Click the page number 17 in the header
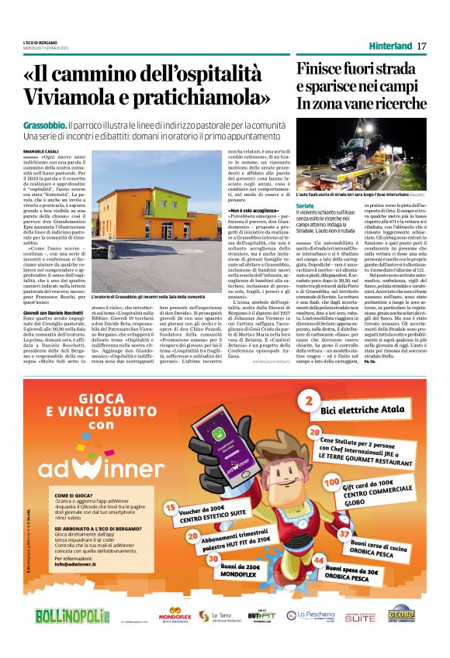click(421, 46)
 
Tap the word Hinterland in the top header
click(390, 46)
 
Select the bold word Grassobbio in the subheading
click(43, 125)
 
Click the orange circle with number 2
click(308, 401)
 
